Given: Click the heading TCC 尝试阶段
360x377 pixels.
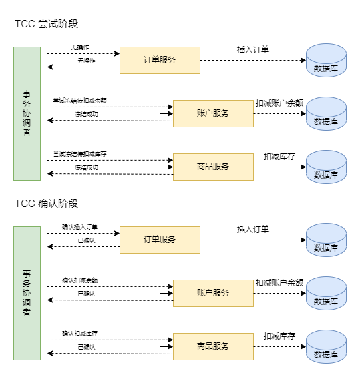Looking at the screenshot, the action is pyautogui.click(x=47, y=24).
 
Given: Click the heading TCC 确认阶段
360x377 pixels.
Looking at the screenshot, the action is pyautogui.click(x=47, y=204).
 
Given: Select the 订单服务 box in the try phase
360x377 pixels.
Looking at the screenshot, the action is pyautogui.click(x=160, y=60).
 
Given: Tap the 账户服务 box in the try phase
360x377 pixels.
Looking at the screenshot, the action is pyautogui.click(x=213, y=113).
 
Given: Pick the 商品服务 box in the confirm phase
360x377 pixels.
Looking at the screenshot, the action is pyautogui.click(x=213, y=346).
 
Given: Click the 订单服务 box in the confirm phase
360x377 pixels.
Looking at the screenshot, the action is pyautogui.click(x=160, y=240).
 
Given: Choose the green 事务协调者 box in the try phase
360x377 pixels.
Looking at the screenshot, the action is pyautogui.click(x=27, y=113).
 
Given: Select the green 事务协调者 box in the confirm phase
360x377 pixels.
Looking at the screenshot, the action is pyautogui.click(x=27, y=293).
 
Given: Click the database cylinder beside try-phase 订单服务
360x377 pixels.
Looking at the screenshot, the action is pyautogui.click(x=326, y=60).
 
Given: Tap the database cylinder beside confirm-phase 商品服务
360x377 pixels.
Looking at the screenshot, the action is pyautogui.click(x=326, y=346).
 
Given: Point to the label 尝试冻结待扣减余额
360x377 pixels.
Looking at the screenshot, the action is pyautogui.click(x=80, y=101).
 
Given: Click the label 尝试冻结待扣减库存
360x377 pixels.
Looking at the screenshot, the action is pyautogui.click(x=80, y=154).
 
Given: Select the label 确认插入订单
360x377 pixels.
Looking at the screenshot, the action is pyautogui.click(x=80, y=227).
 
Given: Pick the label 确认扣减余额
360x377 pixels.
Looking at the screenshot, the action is pyautogui.click(x=80, y=280).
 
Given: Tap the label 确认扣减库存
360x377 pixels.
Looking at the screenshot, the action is pyautogui.click(x=80, y=334).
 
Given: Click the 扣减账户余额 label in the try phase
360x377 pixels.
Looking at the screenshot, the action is pyautogui.click(x=279, y=103).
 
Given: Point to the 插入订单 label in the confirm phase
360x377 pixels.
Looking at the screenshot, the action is pyautogui.click(x=253, y=230).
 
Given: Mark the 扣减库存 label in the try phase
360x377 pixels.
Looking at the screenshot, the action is pyautogui.click(x=279, y=157).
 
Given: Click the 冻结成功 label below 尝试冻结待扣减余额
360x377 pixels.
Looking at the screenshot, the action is pyautogui.click(x=87, y=114).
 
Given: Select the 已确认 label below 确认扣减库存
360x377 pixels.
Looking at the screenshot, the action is pyautogui.click(x=87, y=347).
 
